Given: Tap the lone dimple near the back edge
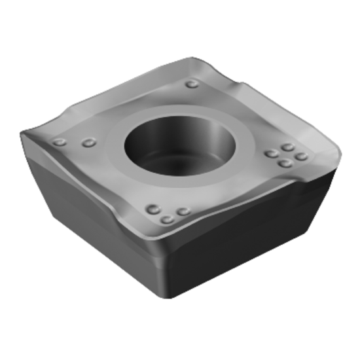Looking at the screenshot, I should tap(192, 84).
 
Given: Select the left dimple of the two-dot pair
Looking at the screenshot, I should tap(60, 142).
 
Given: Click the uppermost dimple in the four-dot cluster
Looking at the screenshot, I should tap(287, 147).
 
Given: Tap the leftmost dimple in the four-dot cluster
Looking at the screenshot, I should tap(271, 154).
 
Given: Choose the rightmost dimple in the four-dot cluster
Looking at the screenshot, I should tap(300, 156).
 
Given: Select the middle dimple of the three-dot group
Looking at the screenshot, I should tap(168, 219).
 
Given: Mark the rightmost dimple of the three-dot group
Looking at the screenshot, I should tap(184, 211).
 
